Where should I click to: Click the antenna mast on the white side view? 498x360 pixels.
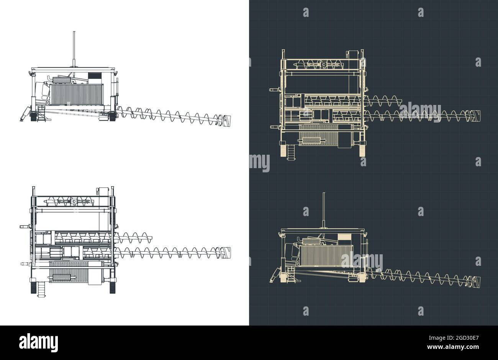(74, 48)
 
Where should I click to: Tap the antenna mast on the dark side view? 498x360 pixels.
(324, 209)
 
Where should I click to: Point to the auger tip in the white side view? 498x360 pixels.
(226, 120)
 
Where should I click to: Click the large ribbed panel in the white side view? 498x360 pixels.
(77, 94)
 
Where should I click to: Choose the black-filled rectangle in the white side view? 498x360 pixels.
(94, 76)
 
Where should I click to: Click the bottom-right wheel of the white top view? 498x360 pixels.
(113, 288)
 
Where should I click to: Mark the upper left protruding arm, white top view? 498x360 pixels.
(25, 227)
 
